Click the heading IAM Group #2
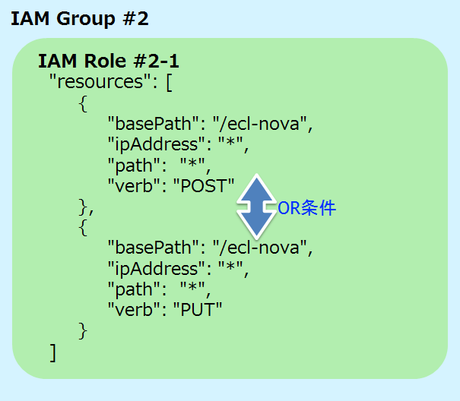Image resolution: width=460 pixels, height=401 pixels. (x=79, y=19)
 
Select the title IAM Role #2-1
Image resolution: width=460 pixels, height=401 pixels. (x=109, y=62)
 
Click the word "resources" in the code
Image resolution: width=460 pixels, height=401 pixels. (x=97, y=81)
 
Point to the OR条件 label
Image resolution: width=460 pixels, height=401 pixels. (x=306, y=207)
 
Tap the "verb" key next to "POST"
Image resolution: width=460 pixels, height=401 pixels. (x=132, y=184)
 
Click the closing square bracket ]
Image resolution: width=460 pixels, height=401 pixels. (x=52, y=353)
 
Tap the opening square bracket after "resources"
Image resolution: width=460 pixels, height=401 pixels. (x=169, y=82)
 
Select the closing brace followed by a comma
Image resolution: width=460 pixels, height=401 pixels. (x=85, y=205)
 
